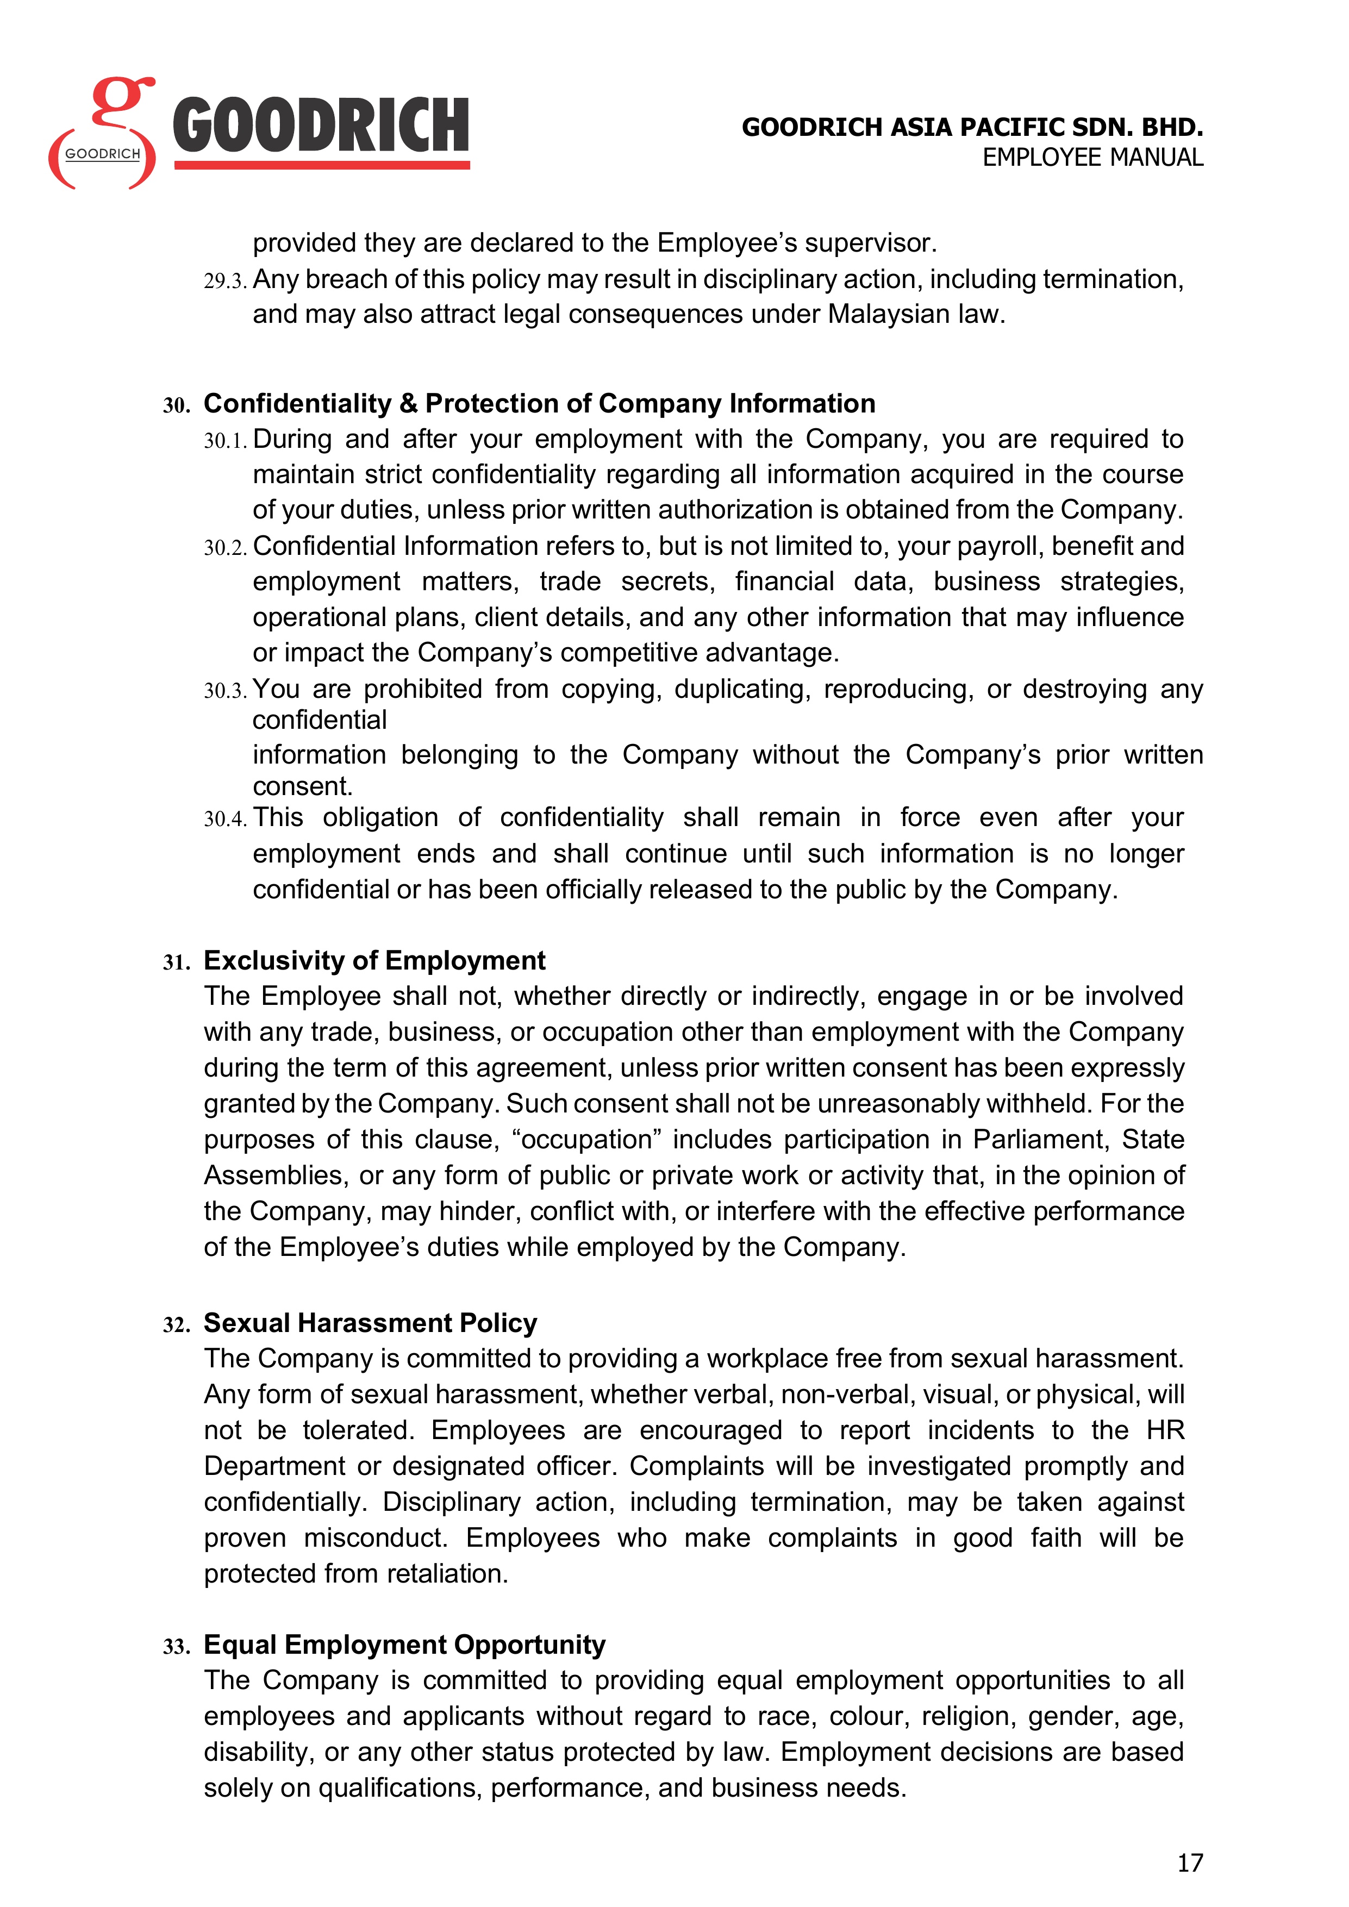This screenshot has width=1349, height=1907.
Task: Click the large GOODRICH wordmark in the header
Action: tap(321, 126)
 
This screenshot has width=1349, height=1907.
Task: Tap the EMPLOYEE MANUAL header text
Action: tap(1092, 158)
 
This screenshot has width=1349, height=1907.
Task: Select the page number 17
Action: tap(1190, 1863)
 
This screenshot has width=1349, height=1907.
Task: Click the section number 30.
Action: tap(176, 405)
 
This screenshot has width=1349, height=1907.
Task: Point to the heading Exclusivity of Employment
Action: tap(374, 960)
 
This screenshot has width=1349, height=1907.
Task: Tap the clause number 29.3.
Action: tap(225, 282)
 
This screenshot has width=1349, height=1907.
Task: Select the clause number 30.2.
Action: tap(225, 548)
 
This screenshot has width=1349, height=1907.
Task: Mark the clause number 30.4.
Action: tap(225, 820)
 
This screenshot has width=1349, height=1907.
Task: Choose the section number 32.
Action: tap(176, 1325)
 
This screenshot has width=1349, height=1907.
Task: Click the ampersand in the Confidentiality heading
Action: tap(408, 404)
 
